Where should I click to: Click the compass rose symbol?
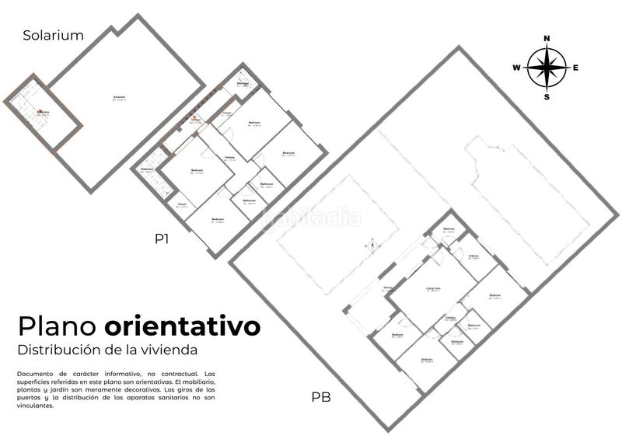pyautogui.click(x=547, y=68)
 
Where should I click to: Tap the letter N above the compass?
pyautogui.click(x=547, y=38)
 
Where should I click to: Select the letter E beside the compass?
pyautogui.click(x=575, y=68)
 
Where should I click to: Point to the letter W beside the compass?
pyautogui.click(x=516, y=68)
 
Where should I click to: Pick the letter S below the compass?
pyautogui.click(x=547, y=97)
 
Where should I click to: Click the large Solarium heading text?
pyautogui.click(x=53, y=35)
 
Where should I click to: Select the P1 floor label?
pyautogui.click(x=162, y=240)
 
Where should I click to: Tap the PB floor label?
pyautogui.click(x=321, y=397)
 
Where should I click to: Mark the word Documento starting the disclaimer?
pyautogui.click(x=34, y=375)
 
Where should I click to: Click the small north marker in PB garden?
pyautogui.click(x=372, y=245)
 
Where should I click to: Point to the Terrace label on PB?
pyautogui.click(x=386, y=288)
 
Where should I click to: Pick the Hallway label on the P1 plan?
pyautogui.click(x=230, y=159)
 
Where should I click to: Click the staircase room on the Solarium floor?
pyautogui.click(x=43, y=113)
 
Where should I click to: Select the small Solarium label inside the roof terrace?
pyautogui.click(x=119, y=97)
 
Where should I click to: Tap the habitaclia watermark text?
pyautogui.click(x=311, y=217)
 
